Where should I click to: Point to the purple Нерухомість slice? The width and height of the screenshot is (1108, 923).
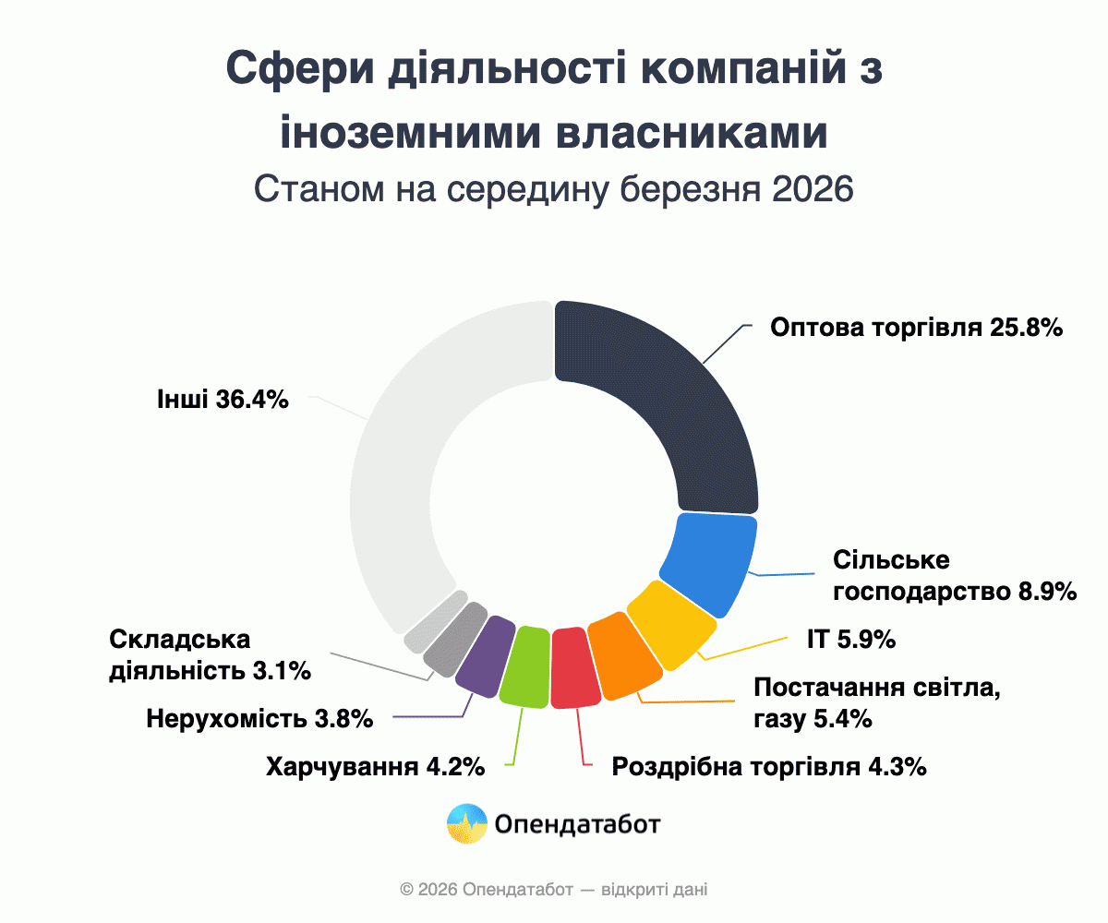pos(486,652)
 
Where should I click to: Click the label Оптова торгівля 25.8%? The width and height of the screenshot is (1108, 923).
pos(918,328)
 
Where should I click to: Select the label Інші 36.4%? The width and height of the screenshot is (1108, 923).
pos(223,400)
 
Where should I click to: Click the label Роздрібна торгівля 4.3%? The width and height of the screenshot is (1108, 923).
pos(769,767)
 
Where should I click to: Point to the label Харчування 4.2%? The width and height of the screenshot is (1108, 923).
pos(375,767)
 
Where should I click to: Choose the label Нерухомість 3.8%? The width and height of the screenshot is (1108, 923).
pos(259,718)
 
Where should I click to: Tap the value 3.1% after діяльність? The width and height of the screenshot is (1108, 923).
pos(281,671)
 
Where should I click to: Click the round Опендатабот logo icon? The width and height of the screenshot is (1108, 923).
pos(467,824)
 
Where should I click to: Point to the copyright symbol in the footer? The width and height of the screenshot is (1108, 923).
pos(405,891)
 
